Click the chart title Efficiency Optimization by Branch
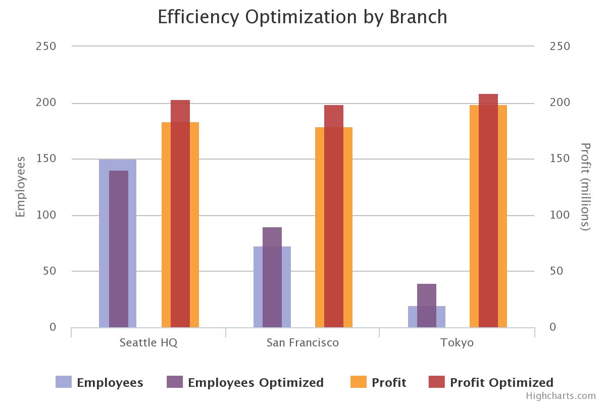(302, 17)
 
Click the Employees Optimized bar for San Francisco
(272, 277)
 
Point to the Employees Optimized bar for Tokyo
(427, 306)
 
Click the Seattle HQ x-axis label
(148, 343)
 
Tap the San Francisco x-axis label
(302, 343)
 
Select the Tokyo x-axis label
(457, 343)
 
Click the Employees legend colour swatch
(64, 382)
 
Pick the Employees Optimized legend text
(256, 383)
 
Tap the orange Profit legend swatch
(358, 382)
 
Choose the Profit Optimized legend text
(501, 383)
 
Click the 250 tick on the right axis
(560, 46)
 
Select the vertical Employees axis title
(20, 187)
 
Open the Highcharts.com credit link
(561, 396)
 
